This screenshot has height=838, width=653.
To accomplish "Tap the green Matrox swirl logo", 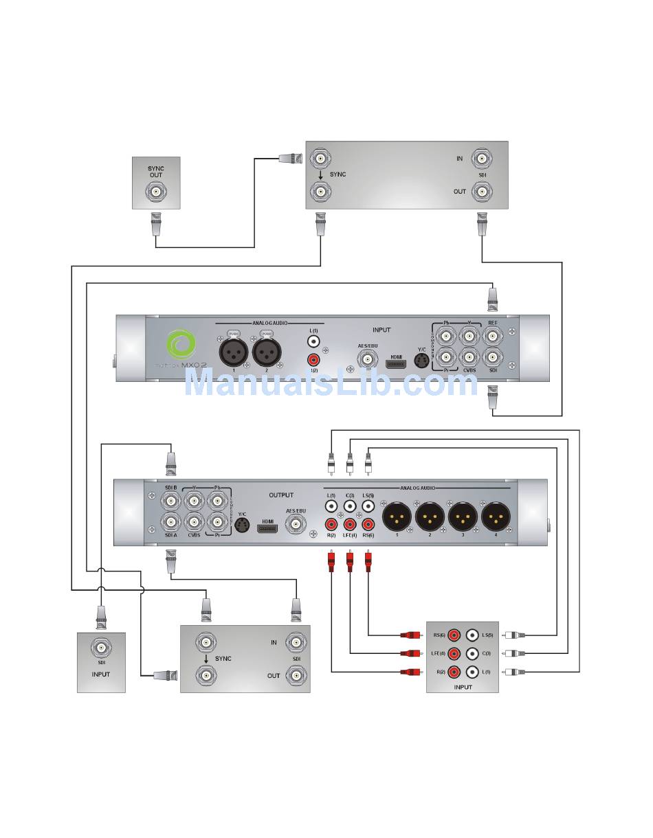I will pyautogui.click(x=182, y=345).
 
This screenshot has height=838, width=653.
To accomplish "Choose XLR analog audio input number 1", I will pyautogui.click(x=233, y=354).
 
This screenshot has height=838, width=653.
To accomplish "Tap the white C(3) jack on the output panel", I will pyautogui.click(x=350, y=506).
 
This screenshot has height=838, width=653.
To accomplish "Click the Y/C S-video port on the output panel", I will pyautogui.click(x=241, y=525).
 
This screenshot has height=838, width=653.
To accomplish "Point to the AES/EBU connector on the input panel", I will pyautogui.click(x=368, y=359).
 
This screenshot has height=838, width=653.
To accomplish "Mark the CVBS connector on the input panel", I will pyautogui.click(x=469, y=356).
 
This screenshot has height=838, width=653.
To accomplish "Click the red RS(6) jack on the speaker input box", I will pyautogui.click(x=454, y=636).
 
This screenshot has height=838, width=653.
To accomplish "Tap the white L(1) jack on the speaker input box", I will pyautogui.click(x=472, y=672).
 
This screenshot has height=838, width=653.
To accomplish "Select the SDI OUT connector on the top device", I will pyautogui.click(x=480, y=192).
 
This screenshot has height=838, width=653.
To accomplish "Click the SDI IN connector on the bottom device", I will pyautogui.click(x=296, y=643).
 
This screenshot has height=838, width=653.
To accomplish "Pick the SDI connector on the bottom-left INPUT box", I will pyautogui.click(x=101, y=647).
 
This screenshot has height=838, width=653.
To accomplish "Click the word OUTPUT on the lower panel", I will pyautogui.click(x=281, y=495).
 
